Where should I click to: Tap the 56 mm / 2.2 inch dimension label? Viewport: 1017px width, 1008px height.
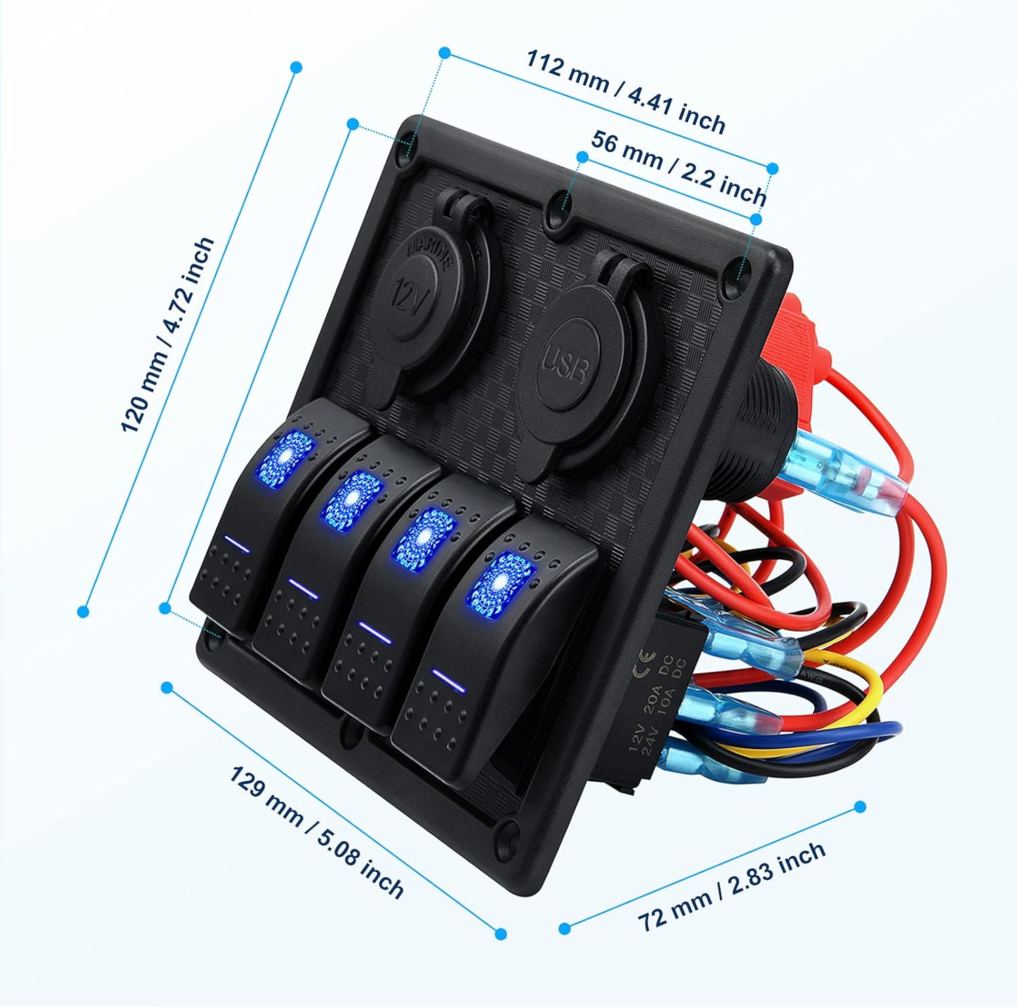[678, 167]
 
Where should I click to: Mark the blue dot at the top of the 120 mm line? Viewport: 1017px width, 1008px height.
[296, 67]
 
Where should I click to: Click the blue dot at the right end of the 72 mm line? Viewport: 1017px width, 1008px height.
[860, 807]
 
